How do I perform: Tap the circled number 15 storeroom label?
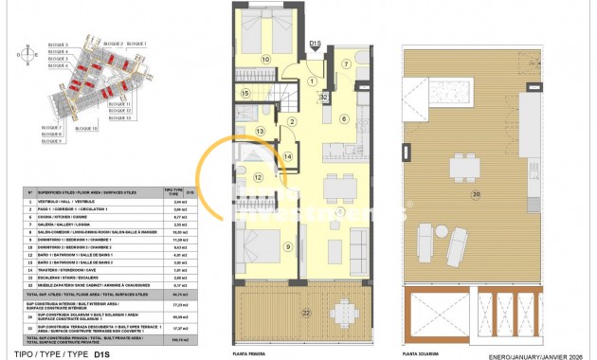tap(244, 93)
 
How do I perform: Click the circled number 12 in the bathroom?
tap(258, 177)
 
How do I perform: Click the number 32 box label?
tap(323, 98)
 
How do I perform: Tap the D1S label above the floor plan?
tap(316, 42)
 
